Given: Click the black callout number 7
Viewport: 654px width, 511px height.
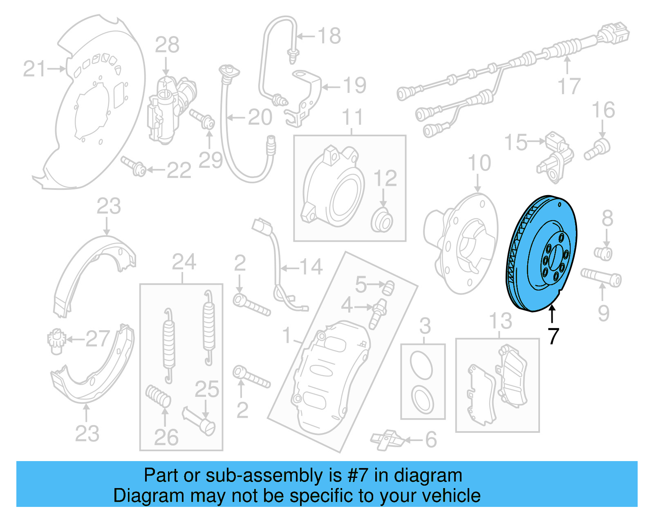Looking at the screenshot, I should point(553,336).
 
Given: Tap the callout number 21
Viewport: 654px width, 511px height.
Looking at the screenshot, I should point(34,69).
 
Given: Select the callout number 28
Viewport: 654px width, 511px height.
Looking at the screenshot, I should point(167,45).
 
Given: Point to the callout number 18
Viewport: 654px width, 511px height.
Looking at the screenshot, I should point(329,36).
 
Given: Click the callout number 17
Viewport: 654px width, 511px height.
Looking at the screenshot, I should point(569,86).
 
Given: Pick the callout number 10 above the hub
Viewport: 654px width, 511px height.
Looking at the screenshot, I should point(479,163).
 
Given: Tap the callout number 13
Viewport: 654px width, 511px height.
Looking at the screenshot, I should point(501,321).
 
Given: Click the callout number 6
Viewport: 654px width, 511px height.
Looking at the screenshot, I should point(431,440).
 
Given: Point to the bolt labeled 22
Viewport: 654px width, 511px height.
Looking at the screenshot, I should point(134,166).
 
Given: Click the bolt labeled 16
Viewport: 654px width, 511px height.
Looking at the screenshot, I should point(597,150).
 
